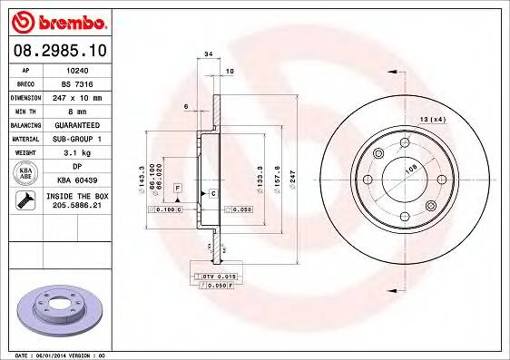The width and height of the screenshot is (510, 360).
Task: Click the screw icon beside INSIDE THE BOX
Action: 23,199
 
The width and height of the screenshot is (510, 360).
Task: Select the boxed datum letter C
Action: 212,194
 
